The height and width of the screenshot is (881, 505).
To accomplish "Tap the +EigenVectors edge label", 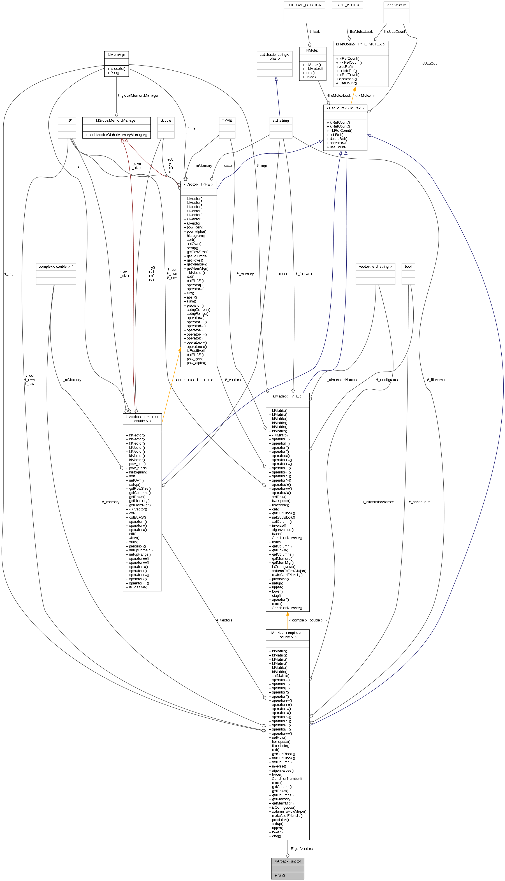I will click(301, 849).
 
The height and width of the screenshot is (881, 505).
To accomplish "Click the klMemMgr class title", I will click(116, 54).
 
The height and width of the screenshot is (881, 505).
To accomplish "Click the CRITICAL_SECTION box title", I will click(304, 5).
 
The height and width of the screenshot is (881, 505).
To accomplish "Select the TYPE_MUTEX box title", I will click(347, 5).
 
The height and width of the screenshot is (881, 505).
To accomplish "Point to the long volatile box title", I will click(396, 5).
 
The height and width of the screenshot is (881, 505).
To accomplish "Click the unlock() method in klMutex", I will click(311, 77).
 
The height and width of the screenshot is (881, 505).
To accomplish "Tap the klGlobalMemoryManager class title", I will click(116, 120).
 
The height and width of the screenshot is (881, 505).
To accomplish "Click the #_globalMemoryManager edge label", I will click(138, 95).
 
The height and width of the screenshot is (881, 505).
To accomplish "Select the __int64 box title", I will click(67, 120).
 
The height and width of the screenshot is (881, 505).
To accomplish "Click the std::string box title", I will click(281, 120).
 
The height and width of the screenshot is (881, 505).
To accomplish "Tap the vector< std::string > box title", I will click(375, 266).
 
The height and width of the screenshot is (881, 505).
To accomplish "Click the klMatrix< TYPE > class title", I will click(287, 396).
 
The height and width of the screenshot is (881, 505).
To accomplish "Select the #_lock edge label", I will click(314, 32).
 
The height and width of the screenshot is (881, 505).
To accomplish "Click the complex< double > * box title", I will click(55, 266).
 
